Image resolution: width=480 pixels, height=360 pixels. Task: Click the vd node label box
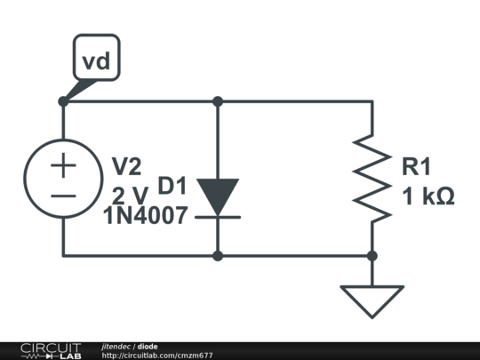click(x=96, y=60)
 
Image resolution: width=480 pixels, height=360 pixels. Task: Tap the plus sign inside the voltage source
click(x=63, y=165)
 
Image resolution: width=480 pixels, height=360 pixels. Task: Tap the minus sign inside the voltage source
click(x=63, y=194)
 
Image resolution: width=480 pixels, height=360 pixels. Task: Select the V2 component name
click(x=125, y=166)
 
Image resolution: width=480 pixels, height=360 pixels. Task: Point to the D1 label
click(x=172, y=186)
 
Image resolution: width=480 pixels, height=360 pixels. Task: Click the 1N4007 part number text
click(x=145, y=215)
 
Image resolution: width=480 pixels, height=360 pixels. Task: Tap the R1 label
click(x=416, y=166)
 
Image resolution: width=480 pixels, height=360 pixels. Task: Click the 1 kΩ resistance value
click(x=428, y=196)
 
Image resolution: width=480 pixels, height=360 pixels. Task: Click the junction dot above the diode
click(x=218, y=102)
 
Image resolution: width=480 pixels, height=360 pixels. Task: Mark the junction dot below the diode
click(x=218, y=256)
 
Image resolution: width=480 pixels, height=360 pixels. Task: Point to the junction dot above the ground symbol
click(x=372, y=256)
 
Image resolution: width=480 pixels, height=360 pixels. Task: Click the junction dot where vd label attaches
click(x=63, y=102)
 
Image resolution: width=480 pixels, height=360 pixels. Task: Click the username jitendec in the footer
click(x=116, y=346)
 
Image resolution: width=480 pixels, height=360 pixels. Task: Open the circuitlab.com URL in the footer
click(x=157, y=356)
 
